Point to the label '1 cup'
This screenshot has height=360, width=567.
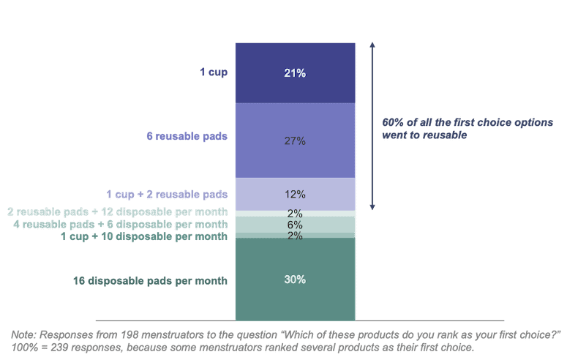coord(214,72)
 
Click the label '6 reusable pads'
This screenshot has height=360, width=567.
coord(187,136)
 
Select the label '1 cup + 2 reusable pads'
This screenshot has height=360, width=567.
coord(167,194)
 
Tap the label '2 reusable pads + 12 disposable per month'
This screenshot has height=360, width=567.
coord(117,212)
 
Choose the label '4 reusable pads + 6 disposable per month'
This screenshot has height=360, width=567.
coord(120,224)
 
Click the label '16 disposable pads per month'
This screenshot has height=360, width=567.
coord(150,280)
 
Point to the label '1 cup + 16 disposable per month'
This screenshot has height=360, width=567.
coord(144,236)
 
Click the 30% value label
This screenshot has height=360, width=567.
coord(295,280)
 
